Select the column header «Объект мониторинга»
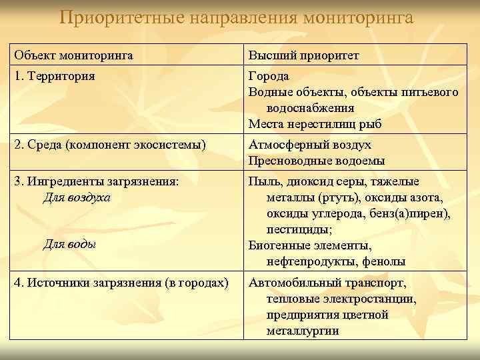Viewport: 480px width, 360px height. tap(73, 55)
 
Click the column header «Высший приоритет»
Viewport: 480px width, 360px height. tap(303, 55)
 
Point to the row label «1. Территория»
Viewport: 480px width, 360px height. tap(54, 76)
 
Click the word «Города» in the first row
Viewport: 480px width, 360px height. tap(269, 76)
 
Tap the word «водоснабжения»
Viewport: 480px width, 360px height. tap(309, 108)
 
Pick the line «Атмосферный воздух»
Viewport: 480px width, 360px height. tap(310, 145)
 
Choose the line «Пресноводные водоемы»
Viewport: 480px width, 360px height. tap(317, 161)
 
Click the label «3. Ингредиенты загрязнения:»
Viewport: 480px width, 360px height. tap(97, 181)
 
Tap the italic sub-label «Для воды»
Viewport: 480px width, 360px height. tap(69, 245)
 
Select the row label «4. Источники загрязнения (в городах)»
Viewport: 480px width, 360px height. tap(121, 282)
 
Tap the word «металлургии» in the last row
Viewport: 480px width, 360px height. tap(302, 331)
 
